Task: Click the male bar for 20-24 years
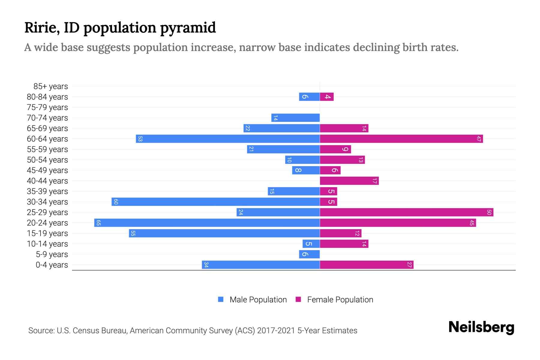pos(207,223)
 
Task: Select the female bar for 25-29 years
pos(406,212)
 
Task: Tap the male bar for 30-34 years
pos(216,202)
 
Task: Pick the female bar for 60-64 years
pos(401,139)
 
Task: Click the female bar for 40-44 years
pos(349,181)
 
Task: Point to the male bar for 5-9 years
pos(310,254)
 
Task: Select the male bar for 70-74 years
pos(295,118)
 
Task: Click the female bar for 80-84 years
pos(327,97)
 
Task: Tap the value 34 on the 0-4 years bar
pos(206,265)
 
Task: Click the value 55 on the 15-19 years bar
pos(133,233)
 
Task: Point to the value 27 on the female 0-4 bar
pos(409,265)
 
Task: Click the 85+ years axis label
pos(51,86)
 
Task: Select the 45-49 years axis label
pos(47,170)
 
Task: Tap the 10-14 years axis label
pos(47,244)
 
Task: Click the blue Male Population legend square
pos(221,299)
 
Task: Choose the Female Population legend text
pos(340,300)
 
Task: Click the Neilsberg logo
pos(481,327)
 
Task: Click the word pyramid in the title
pos(188,28)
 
